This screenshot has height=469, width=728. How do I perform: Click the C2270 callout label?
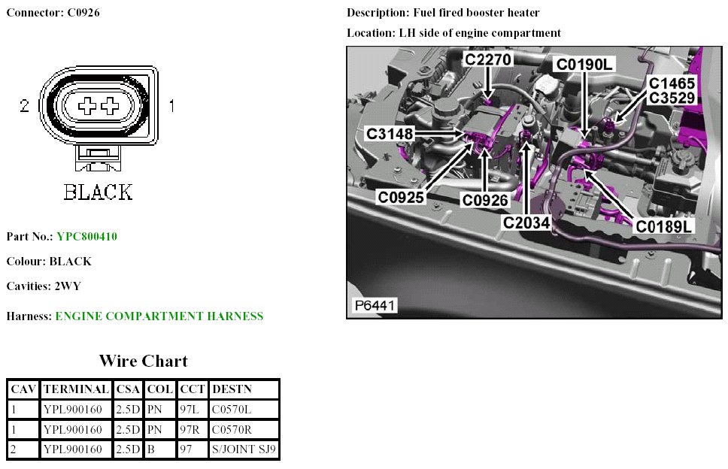[489, 59]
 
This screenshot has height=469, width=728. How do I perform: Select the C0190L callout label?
[584, 64]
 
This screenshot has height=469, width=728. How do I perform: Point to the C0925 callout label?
[401, 198]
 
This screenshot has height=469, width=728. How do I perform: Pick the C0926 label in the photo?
[485, 200]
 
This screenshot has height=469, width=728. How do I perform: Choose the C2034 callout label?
[527, 222]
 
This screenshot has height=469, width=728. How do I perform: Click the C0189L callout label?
[664, 225]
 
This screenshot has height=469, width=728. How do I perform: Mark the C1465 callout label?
[672, 83]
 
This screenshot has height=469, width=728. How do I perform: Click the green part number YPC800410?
[86, 237]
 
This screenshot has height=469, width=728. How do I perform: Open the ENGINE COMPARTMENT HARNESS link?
[159, 316]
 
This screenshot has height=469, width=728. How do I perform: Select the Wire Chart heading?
[143, 361]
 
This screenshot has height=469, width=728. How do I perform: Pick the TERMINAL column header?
[76, 389]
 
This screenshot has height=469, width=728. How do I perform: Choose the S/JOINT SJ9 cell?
[244, 449]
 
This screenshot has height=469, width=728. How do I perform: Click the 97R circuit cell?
[190, 430]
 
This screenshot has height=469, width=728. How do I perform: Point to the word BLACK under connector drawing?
[98, 192]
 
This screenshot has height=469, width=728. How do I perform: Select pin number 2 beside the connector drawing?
[25, 107]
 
